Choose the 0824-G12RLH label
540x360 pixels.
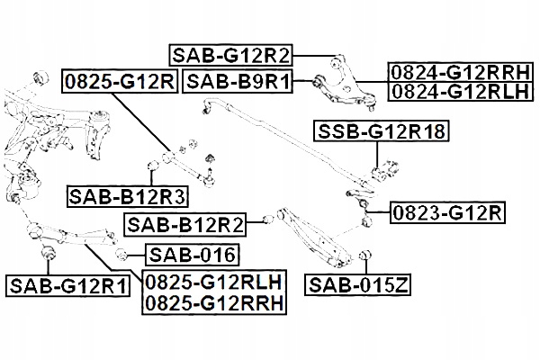[x=460, y=91]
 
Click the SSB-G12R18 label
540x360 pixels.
[x=381, y=133]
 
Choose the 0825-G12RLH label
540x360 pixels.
[x=213, y=282]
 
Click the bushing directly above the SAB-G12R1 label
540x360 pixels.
[x=46, y=251]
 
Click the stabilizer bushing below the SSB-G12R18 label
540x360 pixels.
[x=378, y=166]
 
